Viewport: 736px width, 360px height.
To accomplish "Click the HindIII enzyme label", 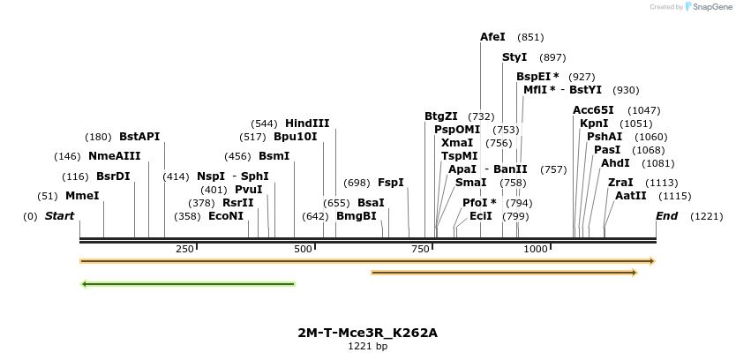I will pos(307,124).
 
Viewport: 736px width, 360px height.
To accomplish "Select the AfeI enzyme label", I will pos(492,37).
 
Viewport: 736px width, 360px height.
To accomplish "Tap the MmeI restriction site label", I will pos(82,196).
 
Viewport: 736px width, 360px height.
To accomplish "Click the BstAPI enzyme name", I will pos(139,137).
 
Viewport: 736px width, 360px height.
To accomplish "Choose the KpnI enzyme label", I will pos(594,124).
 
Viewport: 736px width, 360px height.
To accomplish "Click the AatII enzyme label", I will pos(631,196).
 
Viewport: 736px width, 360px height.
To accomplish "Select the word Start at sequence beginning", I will pos(59,216).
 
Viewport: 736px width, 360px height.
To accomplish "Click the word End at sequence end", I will pos(667,216).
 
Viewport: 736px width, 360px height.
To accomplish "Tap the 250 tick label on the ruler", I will pos(184,250).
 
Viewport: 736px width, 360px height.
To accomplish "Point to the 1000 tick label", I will pos(536,250).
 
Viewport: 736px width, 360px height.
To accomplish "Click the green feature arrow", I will pos(187,284).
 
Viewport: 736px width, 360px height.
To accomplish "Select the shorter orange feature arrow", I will pos(504,273).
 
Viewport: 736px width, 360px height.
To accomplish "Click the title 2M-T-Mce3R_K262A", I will pos(367,333).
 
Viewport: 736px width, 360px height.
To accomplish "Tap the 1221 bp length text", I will pos(367,346).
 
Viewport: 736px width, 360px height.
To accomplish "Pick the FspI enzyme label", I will pos(391,183).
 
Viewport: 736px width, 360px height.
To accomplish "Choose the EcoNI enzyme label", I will pos(226,216).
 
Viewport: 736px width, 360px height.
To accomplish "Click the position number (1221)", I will pos(706,216).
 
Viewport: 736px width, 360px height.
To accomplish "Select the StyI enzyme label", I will pos(514,57).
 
